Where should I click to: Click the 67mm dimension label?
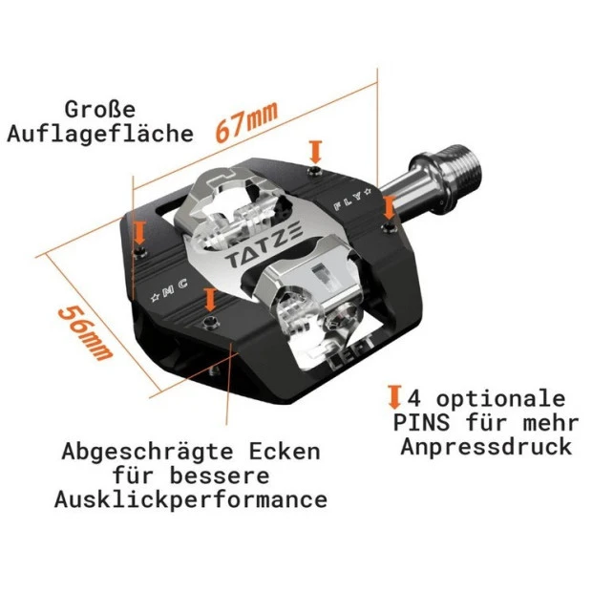(x=246, y=120)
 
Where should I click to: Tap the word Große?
(x=99, y=110)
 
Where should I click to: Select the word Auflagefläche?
(x=100, y=134)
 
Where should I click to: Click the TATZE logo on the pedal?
(x=264, y=245)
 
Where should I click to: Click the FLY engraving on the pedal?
(x=352, y=199)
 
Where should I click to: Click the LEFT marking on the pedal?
(x=351, y=350)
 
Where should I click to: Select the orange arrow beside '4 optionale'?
(x=394, y=397)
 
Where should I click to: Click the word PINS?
(x=421, y=422)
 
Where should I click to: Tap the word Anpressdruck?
(x=486, y=447)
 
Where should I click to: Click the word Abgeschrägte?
(x=148, y=453)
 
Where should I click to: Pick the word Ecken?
(x=285, y=451)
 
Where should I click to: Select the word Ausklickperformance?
(x=191, y=500)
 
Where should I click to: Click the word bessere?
(x=220, y=476)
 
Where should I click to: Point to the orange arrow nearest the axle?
(x=389, y=207)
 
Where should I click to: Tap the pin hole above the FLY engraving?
(x=314, y=171)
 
